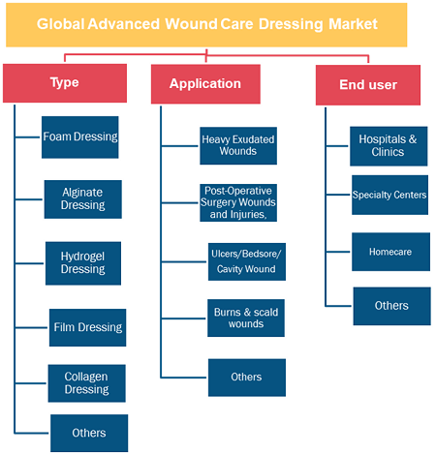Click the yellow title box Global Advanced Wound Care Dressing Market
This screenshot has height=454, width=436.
(x=206, y=25)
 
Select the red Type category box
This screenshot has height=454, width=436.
(x=65, y=83)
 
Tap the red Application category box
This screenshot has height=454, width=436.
(x=205, y=84)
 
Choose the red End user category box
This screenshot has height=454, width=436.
(x=368, y=85)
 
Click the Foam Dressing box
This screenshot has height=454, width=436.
(x=80, y=137)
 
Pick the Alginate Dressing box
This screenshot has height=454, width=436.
(x=83, y=199)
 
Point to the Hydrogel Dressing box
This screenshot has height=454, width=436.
(x=83, y=263)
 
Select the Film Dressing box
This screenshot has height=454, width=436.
(x=88, y=327)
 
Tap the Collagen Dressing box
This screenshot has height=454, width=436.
(x=87, y=383)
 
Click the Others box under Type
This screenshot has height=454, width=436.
(x=89, y=433)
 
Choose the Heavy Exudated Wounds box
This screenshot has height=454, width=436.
(x=238, y=146)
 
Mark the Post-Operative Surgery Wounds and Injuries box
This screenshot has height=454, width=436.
(x=238, y=202)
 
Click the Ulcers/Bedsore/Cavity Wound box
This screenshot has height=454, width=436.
(x=247, y=261)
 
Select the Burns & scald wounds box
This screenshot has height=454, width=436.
(x=246, y=318)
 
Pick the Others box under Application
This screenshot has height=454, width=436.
(x=247, y=378)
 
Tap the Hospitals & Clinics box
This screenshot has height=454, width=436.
(x=389, y=146)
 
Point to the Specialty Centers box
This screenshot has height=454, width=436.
(x=390, y=195)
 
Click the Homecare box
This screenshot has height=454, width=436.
(x=390, y=252)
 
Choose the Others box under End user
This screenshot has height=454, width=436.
(x=392, y=306)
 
